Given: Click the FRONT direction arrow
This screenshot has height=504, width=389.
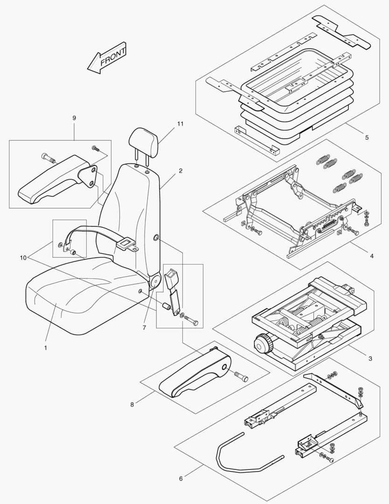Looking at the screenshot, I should click(107, 60).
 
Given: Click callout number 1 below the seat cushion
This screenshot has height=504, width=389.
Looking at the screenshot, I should click(46, 348).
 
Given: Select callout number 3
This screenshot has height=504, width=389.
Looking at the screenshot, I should click(370, 358).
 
